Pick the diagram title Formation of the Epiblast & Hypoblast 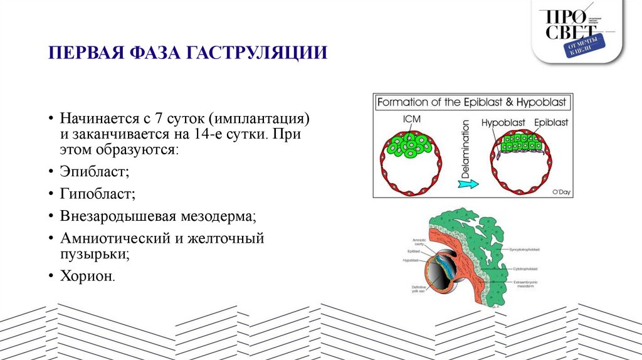coord(472,102)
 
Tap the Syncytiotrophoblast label coord(529,249)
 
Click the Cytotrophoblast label coord(526,268)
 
